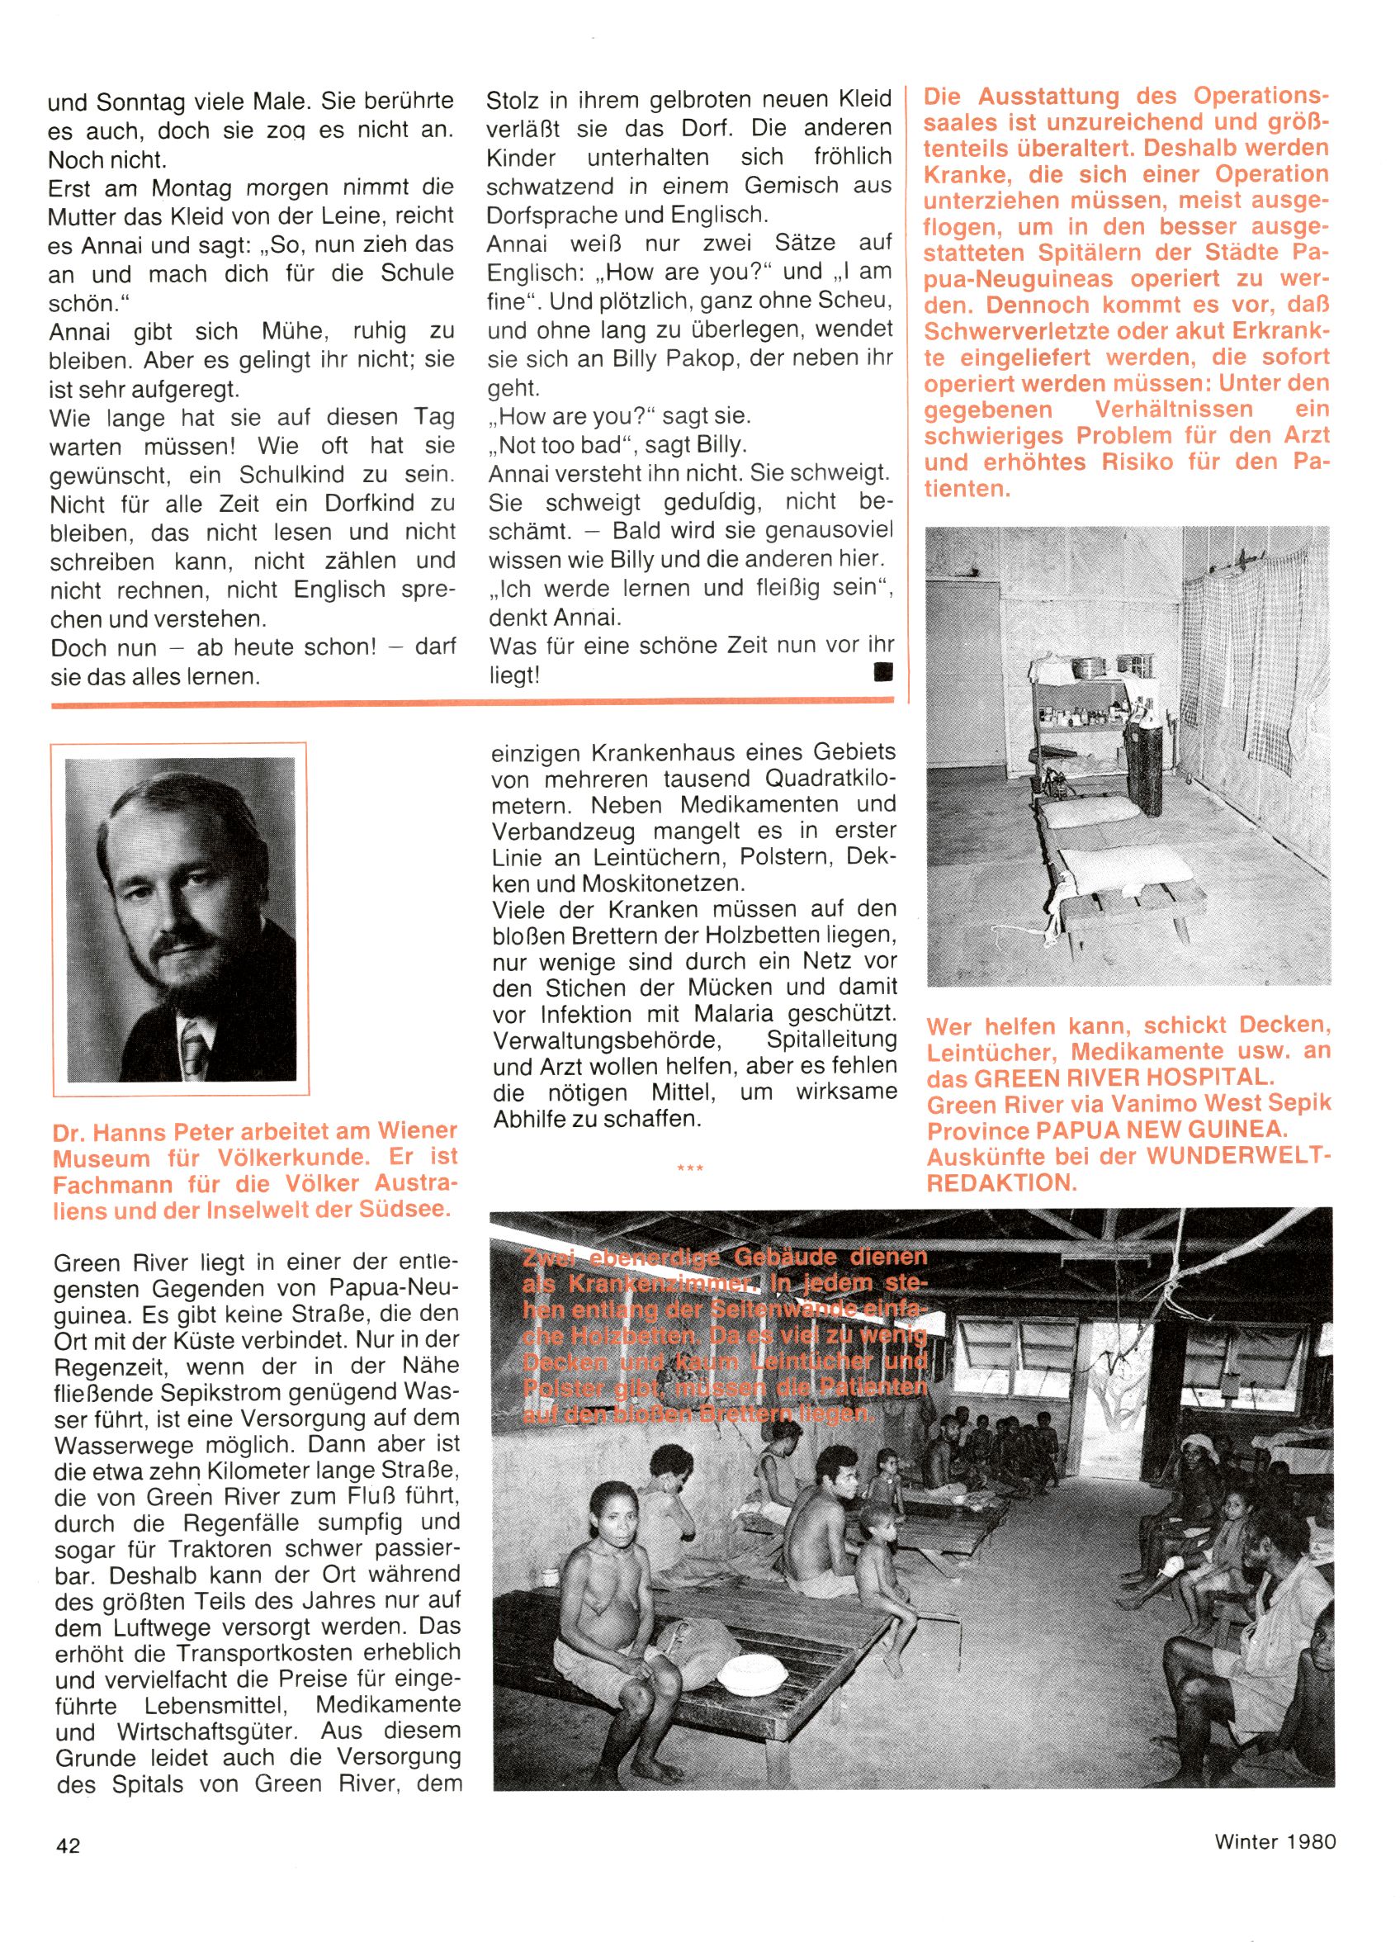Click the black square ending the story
(882, 672)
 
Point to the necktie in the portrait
(194, 1048)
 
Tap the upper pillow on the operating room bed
(1086, 812)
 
